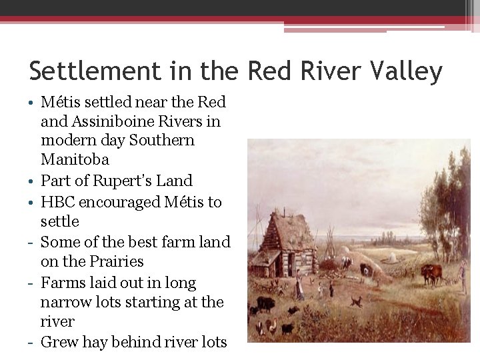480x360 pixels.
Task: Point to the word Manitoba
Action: tap(75, 159)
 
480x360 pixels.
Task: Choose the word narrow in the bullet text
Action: tap(68, 302)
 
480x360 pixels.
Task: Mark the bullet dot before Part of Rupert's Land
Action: tap(32, 181)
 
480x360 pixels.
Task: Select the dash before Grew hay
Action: tap(32, 343)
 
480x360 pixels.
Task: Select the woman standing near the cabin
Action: tap(300, 287)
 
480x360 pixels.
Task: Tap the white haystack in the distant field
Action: tap(392, 258)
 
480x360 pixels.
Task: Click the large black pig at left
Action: tap(266, 303)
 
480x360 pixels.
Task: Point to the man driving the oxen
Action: tap(463, 275)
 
